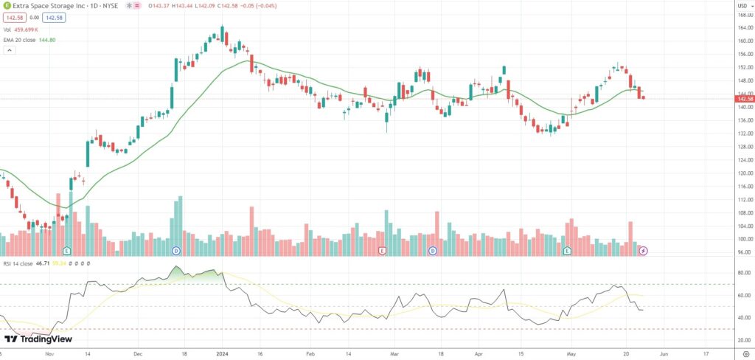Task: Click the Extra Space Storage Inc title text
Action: (45, 6)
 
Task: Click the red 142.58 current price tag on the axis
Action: (745, 98)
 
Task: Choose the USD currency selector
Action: (742, 6)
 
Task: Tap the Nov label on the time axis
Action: (49, 353)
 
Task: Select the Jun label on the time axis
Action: (664, 353)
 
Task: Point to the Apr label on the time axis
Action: (479, 353)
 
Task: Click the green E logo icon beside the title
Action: (7, 6)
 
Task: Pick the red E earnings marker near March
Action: (382, 252)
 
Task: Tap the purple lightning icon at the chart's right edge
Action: (643, 252)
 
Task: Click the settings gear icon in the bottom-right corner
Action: (745, 353)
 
